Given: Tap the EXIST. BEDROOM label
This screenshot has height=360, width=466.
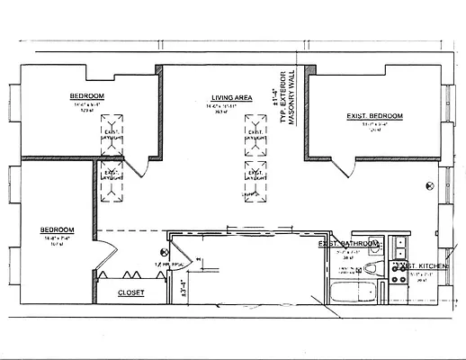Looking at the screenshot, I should coord(374,116).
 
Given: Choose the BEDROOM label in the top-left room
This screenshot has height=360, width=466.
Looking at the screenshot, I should coord(87,95).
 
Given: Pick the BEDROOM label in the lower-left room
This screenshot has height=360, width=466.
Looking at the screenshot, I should coord(57,230).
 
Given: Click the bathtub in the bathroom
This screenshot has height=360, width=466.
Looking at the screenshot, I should coord(354,292).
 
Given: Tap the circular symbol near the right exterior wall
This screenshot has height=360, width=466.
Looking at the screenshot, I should coord(430,183).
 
